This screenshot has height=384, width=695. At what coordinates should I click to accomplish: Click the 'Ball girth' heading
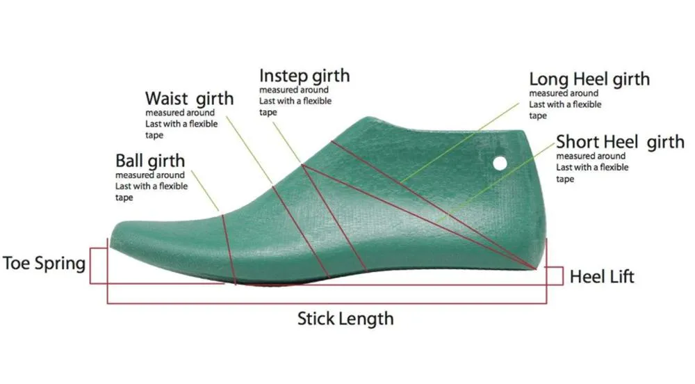coord(150,161)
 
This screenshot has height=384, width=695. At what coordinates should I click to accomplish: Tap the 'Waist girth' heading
coord(189,99)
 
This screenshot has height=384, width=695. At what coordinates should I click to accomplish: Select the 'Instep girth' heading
coord(304,76)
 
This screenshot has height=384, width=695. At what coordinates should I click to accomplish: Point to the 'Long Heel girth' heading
coord(589,80)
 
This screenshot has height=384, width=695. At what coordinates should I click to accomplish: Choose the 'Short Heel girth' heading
coord(620,143)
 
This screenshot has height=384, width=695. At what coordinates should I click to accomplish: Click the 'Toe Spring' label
coord(44,264)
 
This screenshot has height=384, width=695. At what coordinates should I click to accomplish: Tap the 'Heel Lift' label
coord(601,277)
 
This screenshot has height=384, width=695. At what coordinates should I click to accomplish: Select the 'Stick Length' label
coord(345,319)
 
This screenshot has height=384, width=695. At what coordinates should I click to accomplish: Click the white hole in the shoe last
coord(500,163)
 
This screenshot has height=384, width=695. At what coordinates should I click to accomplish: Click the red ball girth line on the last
coord(228,249)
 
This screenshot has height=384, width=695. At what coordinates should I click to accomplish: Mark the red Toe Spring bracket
coord(90,265)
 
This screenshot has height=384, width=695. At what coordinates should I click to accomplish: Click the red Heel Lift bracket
coord(562,275)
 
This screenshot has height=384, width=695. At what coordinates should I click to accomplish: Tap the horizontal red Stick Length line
coord(327,303)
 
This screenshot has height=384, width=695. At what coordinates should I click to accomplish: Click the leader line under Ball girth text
coord(205,191)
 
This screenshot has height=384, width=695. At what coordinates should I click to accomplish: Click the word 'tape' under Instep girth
coord(268,113)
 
